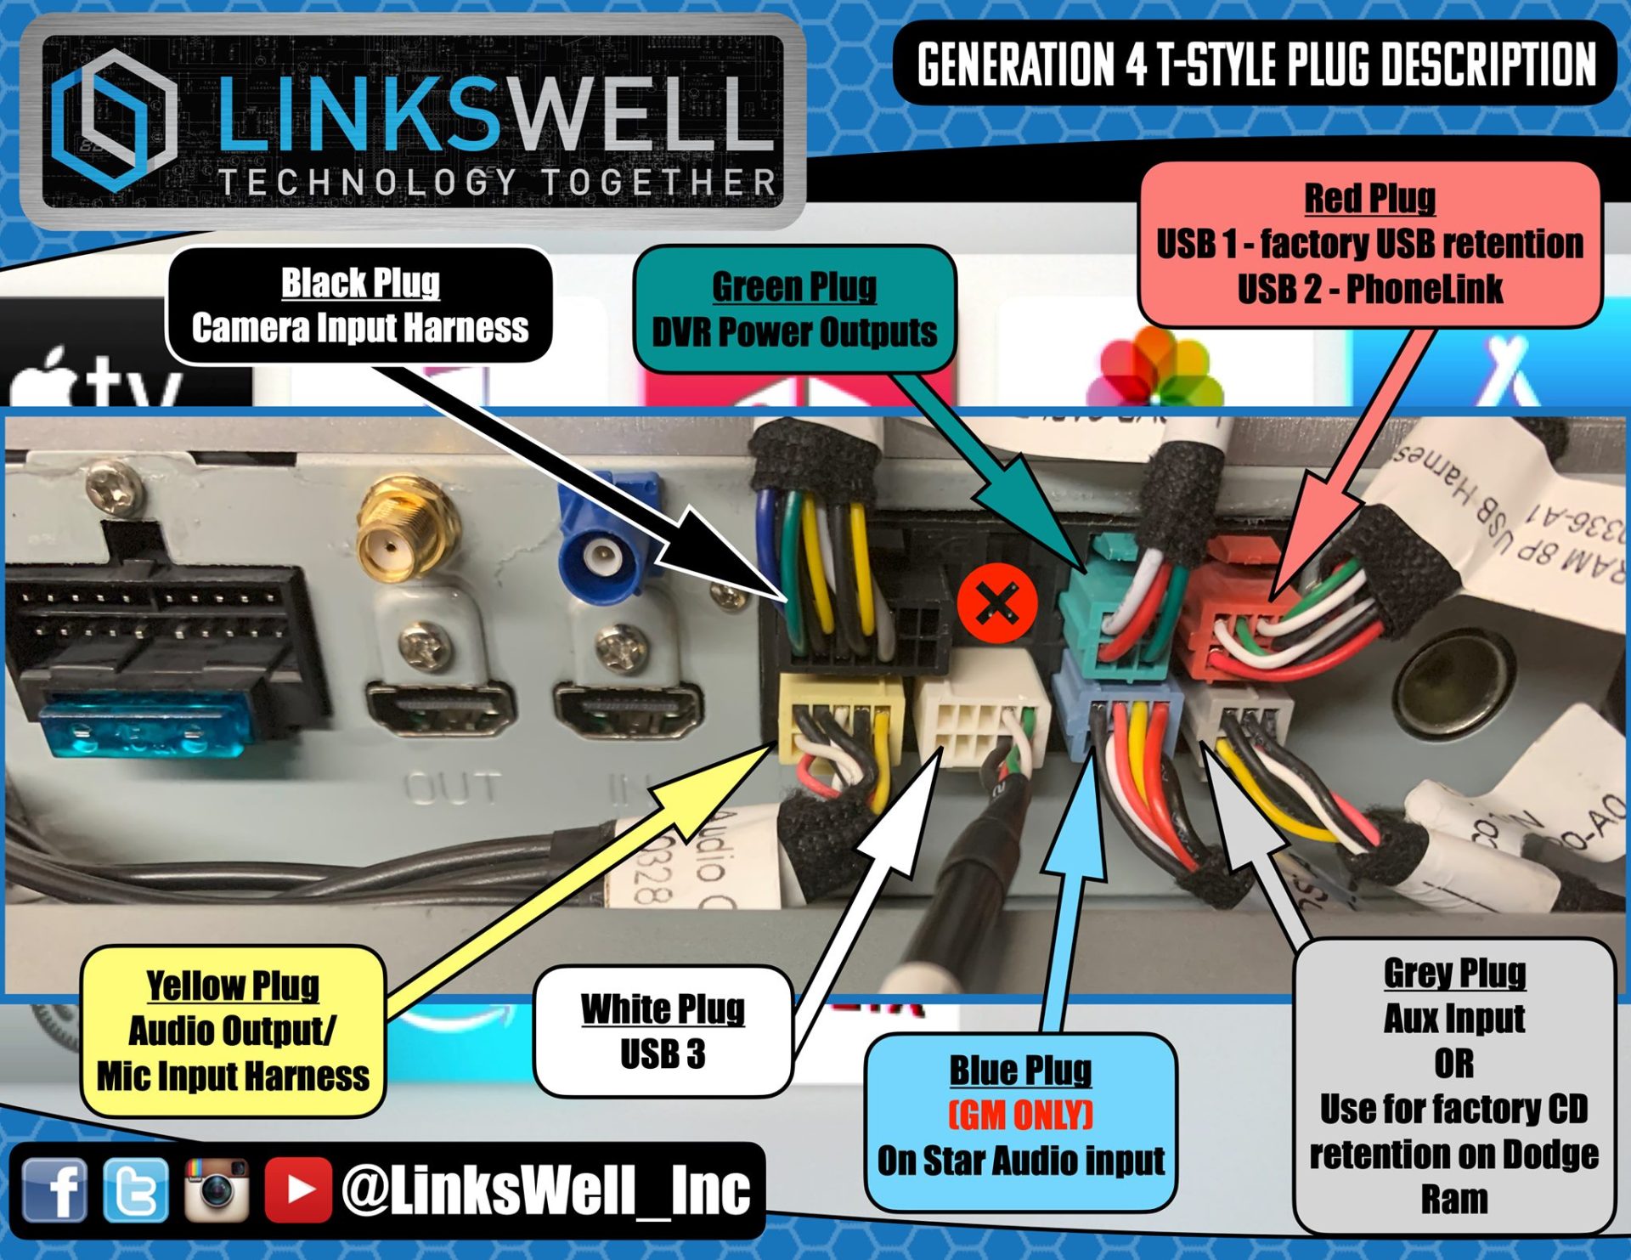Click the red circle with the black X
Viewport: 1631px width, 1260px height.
point(997,604)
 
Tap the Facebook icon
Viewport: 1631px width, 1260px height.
point(54,1189)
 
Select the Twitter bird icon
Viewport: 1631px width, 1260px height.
point(136,1189)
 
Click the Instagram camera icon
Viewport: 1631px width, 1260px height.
point(217,1189)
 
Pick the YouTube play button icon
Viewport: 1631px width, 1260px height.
point(297,1189)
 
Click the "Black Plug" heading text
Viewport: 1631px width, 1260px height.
point(360,283)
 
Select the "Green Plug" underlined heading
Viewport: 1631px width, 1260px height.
point(794,286)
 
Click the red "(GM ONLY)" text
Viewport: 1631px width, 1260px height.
point(1020,1115)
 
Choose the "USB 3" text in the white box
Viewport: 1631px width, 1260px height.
point(663,1054)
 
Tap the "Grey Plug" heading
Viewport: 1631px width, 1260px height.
point(1454,973)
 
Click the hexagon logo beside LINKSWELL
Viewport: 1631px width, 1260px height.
point(113,119)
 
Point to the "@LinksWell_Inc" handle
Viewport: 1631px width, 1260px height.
point(545,1189)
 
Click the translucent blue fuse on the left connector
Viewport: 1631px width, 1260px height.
point(144,726)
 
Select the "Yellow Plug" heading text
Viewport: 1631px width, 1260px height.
point(233,986)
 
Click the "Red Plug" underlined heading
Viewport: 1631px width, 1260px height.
point(1369,198)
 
